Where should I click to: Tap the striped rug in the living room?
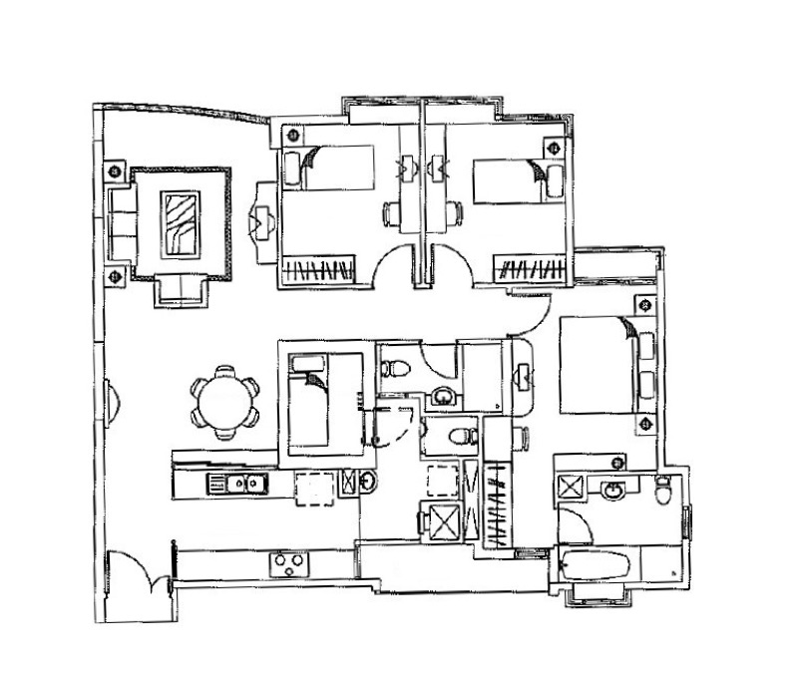182,224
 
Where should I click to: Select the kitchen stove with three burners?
289,565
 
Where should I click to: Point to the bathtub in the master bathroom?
597,566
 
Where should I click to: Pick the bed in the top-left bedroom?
329,168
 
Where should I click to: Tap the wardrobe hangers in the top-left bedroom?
318,268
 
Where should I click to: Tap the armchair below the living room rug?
180,291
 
